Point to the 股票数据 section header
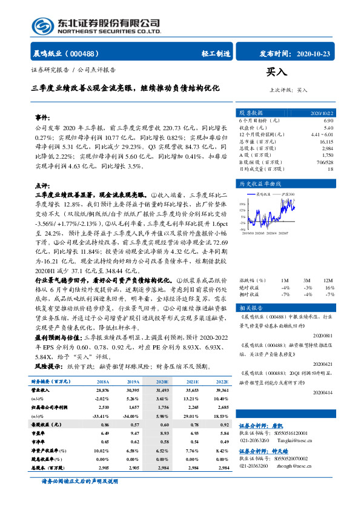(251, 113)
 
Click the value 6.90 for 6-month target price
(329, 121)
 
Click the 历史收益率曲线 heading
(262, 182)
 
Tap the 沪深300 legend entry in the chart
(287, 194)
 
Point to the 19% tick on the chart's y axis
(242, 204)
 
